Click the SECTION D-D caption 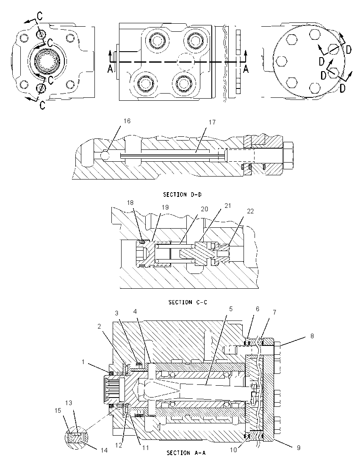(x=183, y=195)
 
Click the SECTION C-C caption (x=188, y=302)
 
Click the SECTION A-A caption (x=186, y=453)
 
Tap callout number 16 (x=127, y=121)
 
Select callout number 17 (x=212, y=122)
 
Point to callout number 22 (x=250, y=211)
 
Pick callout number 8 (x=312, y=336)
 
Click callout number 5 (x=231, y=309)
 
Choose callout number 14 (x=104, y=450)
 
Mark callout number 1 (x=83, y=362)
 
